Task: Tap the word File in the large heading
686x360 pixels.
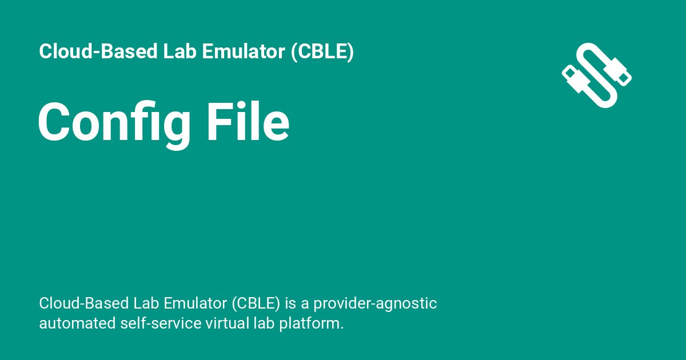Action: coord(248,122)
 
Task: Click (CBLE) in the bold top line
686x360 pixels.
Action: coord(322,52)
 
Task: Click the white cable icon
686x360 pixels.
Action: coord(597,75)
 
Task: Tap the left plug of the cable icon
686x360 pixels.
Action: coord(576,79)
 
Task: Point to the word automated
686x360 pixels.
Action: coord(77,323)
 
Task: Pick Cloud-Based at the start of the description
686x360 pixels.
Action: coord(85,303)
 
